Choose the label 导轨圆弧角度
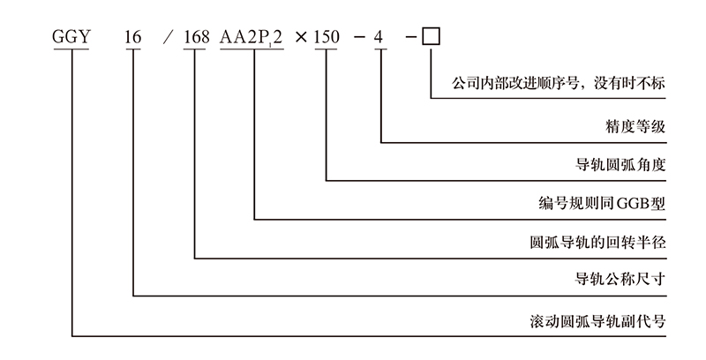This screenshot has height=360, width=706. point(619,165)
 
